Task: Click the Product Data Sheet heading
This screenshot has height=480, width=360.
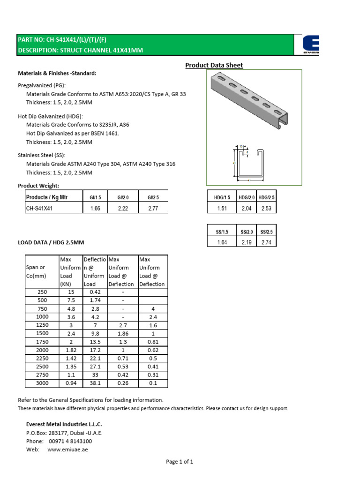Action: [214, 65]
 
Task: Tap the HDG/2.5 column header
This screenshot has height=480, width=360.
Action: [266, 197]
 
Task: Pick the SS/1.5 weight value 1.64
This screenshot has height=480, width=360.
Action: [222, 242]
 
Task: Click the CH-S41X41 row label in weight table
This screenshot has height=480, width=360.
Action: [39, 209]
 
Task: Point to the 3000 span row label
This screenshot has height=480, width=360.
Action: [42, 383]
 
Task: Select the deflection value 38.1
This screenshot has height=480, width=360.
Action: [95, 383]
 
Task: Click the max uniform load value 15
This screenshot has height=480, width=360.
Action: [70, 291]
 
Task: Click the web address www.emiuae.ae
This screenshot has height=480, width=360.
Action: [68, 450]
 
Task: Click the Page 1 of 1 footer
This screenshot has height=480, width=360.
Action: [180, 462]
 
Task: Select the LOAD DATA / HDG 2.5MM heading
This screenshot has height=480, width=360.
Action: [51, 242]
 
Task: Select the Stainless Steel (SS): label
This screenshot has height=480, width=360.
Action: [42, 155]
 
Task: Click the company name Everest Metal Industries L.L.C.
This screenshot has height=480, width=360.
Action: [64, 424]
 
